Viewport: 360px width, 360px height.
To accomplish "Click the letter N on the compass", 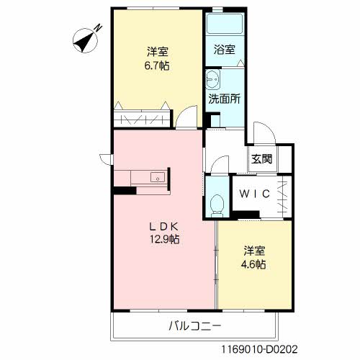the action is (x=98, y=28).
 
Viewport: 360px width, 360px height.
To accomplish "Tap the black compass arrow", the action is (x=85, y=41).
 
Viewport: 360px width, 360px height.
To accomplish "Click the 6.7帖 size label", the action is (x=157, y=66).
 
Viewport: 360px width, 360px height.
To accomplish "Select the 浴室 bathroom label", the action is (x=224, y=50).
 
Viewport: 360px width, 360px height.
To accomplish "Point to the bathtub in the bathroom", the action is (x=225, y=24).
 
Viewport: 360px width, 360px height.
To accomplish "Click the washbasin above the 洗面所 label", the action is (x=212, y=79).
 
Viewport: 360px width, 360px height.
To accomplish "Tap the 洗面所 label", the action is (x=224, y=99).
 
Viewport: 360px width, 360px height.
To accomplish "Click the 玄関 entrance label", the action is (x=261, y=158).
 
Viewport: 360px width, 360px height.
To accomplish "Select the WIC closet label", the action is (x=255, y=194).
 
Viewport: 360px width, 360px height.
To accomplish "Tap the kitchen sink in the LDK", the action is (x=158, y=177).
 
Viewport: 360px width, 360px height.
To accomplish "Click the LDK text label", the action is (x=164, y=226).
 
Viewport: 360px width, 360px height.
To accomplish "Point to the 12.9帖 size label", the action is (x=165, y=239).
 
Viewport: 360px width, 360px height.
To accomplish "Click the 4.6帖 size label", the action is (x=253, y=264).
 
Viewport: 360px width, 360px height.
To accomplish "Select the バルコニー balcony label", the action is (x=194, y=326).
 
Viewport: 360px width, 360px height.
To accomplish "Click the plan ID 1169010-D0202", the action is (x=259, y=348).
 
